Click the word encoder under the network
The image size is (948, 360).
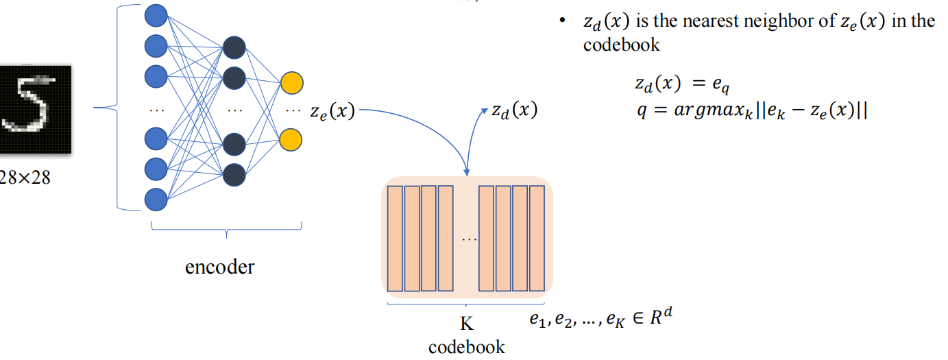pos(219,266)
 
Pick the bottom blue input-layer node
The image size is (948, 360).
pos(156,200)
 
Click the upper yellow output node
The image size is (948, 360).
pos(291,82)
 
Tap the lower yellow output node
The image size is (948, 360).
pos(291,139)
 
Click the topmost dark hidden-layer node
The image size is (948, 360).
pos(234,49)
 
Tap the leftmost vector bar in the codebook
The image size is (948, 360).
pos(395,238)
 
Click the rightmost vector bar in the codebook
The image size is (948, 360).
pos(537,238)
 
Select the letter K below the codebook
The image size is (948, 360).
pos(466,324)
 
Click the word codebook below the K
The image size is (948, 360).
pos(466,346)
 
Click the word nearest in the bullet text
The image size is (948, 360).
pos(705,21)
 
